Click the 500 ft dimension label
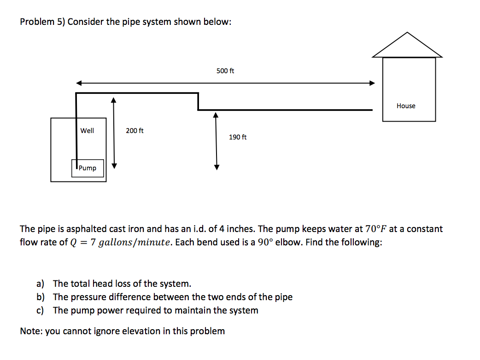coord(225,71)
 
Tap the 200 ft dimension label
coord(135,131)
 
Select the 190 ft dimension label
coord(238,137)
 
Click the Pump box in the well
coord(88,168)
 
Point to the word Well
coord(87,131)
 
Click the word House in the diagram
coord(406,106)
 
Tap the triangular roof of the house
coord(407,46)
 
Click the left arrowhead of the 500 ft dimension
coord(79,83)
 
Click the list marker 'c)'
coord(41,310)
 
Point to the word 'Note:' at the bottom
coord(31,331)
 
